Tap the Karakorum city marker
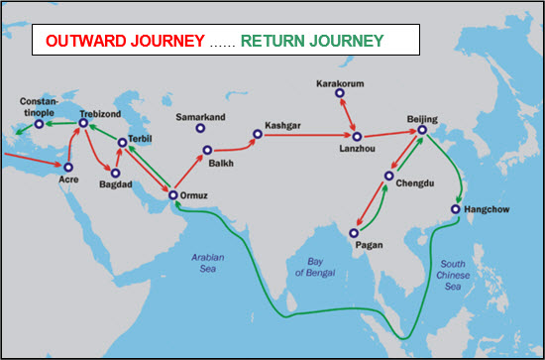(341, 93)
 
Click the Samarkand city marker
(200, 128)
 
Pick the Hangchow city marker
(455, 209)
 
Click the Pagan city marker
(355, 234)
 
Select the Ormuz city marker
(173, 195)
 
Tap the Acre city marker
(68, 166)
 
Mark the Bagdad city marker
(116, 173)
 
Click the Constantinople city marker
(39, 124)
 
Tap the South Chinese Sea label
(455, 273)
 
